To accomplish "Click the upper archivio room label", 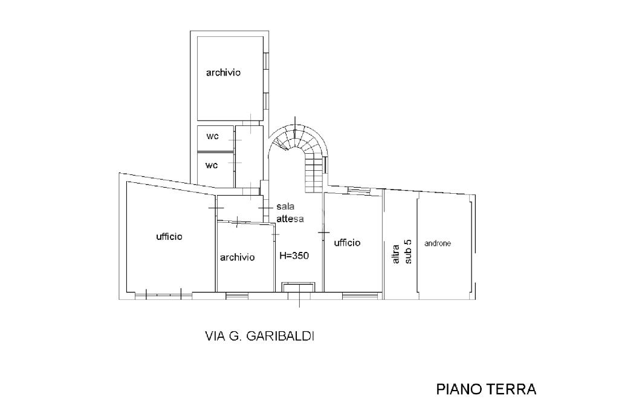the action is [223, 73].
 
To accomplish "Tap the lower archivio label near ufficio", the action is [237, 257].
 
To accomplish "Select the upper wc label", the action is [212, 136].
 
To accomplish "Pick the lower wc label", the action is [212, 165].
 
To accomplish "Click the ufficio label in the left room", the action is [169, 237].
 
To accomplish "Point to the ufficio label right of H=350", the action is [348, 242].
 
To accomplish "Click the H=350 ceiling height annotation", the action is [294, 256].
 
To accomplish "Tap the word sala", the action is [285, 206].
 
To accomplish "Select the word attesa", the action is [290, 219].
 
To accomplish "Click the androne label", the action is [438, 243].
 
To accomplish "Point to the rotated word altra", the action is [397, 254].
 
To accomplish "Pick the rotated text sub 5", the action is [408, 251].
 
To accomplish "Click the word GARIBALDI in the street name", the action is [280, 336].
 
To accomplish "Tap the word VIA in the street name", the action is [215, 336].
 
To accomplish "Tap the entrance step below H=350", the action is [299, 287].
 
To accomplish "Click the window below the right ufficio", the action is [360, 295].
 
